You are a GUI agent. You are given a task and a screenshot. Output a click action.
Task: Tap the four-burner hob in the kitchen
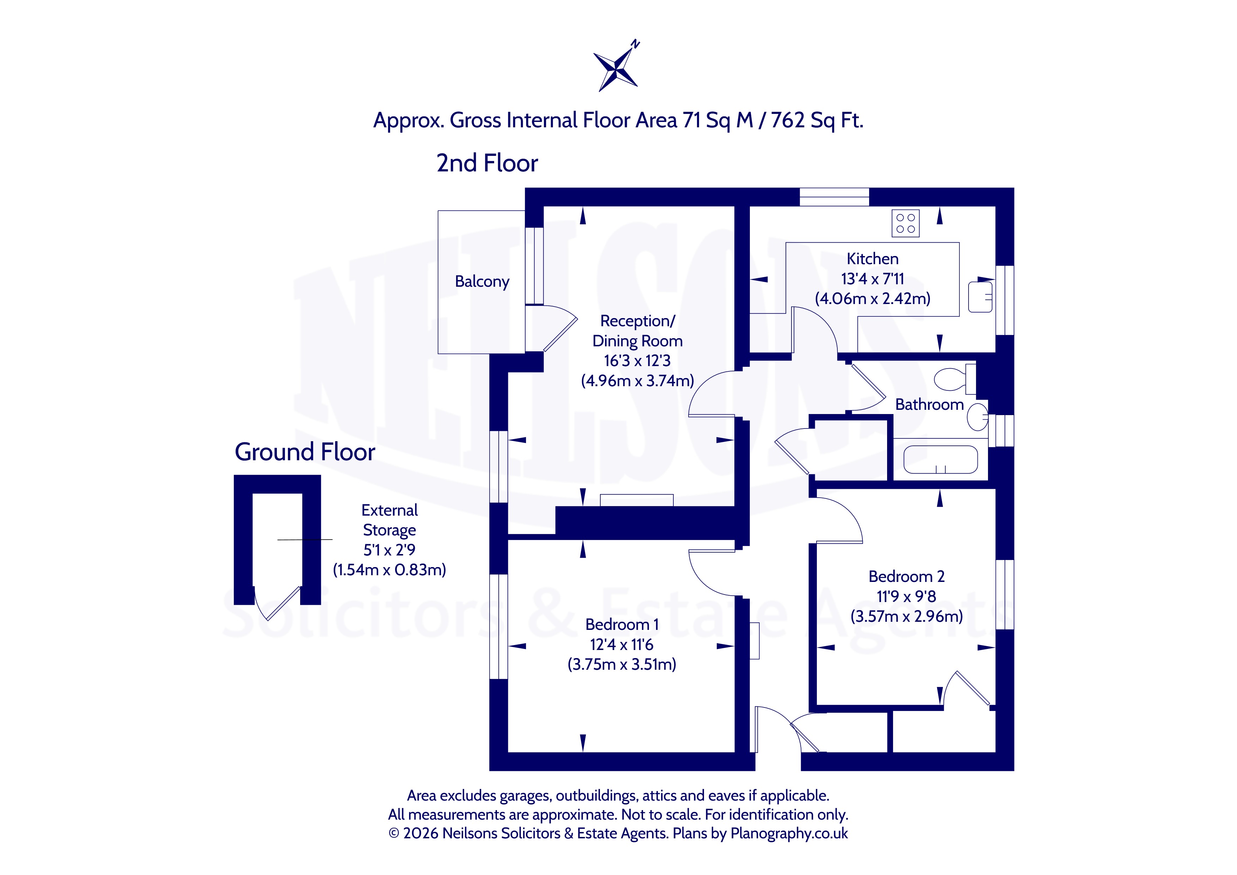[x=905, y=223]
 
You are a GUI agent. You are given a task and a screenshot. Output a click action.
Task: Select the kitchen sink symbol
[x=980, y=296]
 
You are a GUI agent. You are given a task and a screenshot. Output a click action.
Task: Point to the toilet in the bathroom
[x=955, y=379]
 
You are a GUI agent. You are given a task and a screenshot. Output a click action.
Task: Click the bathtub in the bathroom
[x=940, y=460]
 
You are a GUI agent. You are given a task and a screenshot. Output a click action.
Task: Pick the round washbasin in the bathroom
[x=977, y=417]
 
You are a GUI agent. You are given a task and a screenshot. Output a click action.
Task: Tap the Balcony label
[x=482, y=282]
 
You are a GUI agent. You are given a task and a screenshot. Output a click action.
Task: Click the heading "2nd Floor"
[x=487, y=163]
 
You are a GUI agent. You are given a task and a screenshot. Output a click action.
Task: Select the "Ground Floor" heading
[x=305, y=452]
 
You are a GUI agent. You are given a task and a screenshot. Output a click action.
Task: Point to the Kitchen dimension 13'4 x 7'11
[x=872, y=279]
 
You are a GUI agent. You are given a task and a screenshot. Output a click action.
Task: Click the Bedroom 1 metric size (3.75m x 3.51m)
[x=622, y=664]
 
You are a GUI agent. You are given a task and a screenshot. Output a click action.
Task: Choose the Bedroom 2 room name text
[x=907, y=577]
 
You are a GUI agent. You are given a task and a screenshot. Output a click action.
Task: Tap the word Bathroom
[x=929, y=405]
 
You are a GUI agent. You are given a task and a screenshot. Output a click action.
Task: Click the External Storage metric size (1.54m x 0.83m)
[x=389, y=570]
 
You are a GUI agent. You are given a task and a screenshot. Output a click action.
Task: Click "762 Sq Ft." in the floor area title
[x=817, y=120]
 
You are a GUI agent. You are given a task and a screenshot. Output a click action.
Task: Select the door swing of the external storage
[x=276, y=603]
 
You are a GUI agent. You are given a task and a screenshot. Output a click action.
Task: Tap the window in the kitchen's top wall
[x=834, y=197]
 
